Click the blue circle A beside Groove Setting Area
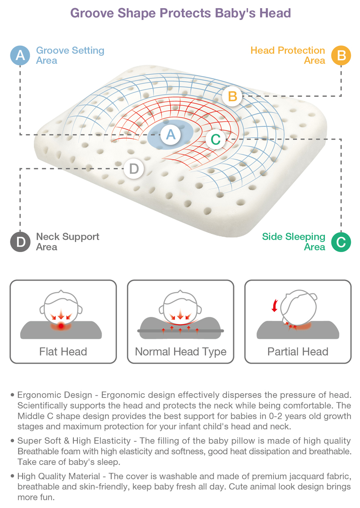tap(20, 55)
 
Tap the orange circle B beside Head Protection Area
tap(341, 55)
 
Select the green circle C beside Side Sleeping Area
tap(341, 242)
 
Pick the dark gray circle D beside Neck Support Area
tap(20, 242)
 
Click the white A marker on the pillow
tap(171, 134)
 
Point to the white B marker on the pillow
tap(232, 96)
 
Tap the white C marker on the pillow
tap(216, 139)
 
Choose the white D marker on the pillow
tap(134, 169)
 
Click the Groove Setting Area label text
tap(70, 55)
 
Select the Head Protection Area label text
tap(288, 55)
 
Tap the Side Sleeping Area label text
tap(293, 242)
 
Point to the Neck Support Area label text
tap(67, 242)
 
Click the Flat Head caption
tap(63, 351)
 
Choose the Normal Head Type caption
tap(180, 352)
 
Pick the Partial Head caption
tap(298, 351)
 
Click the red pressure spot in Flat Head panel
tap(61, 326)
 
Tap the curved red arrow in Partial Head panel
tap(275, 306)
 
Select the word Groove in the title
tap(92, 13)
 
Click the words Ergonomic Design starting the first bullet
tap(55, 395)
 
